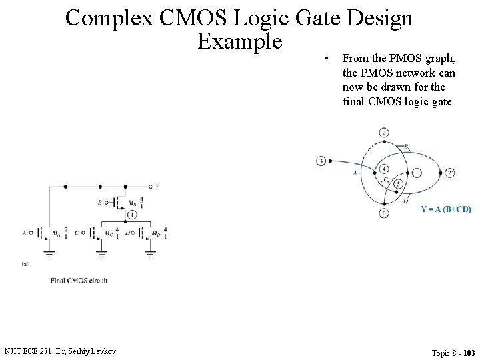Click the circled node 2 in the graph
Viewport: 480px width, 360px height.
[384, 133]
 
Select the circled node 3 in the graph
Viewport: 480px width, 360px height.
[321, 161]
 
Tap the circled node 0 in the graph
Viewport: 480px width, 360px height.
[384, 213]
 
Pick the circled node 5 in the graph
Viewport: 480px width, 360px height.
[398, 183]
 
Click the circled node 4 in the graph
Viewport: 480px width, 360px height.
[384, 169]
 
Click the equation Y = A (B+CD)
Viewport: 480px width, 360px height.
[446, 209]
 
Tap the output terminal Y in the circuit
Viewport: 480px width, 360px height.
[157, 187]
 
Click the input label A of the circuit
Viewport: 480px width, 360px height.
[24, 233]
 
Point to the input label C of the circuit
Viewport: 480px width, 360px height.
[78, 233]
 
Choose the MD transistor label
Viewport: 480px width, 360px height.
[155, 233]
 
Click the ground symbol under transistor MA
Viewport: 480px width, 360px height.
[49, 253]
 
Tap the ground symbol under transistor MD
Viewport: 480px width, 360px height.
[151, 253]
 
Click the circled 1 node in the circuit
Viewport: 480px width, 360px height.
[132, 215]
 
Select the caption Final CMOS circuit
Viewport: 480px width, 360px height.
[79, 281]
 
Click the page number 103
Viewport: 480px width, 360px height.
[469, 353]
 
